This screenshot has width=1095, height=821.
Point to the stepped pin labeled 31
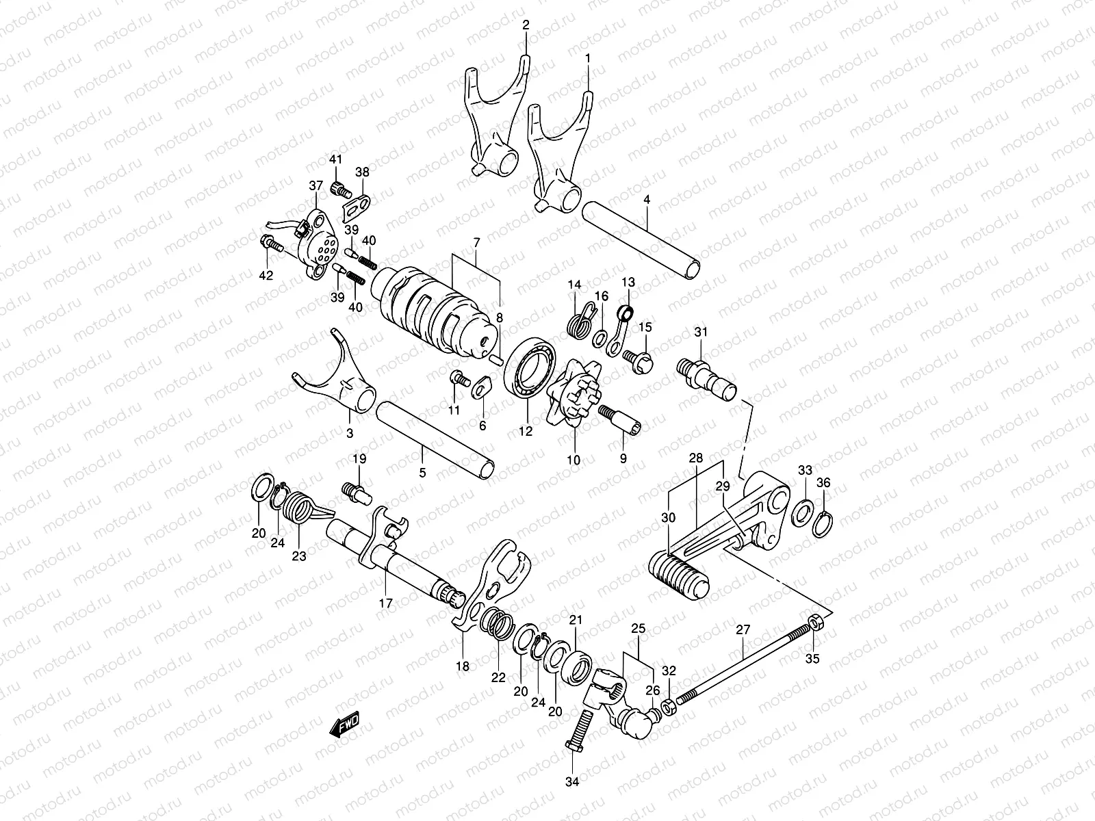click(709, 378)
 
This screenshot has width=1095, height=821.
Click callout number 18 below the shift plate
click(463, 666)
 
